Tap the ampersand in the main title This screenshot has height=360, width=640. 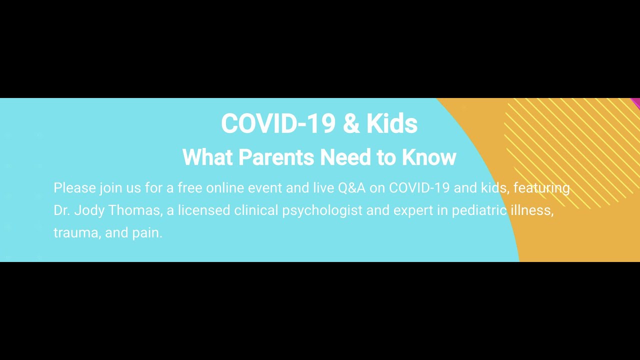(x=351, y=124)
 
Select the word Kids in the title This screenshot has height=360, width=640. (x=391, y=124)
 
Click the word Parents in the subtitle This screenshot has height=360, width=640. (x=276, y=157)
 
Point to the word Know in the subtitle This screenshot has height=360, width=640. (x=429, y=157)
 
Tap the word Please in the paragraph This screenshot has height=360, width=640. (x=74, y=188)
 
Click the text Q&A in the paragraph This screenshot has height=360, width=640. (x=351, y=188)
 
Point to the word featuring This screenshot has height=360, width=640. (x=541, y=188)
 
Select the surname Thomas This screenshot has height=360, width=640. (x=135, y=210)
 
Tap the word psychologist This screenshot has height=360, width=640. (x=322, y=211)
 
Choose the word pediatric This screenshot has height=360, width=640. (x=479, y=210)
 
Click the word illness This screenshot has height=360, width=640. (x=531, y=210)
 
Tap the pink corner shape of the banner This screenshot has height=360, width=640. (x=636, y=102)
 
